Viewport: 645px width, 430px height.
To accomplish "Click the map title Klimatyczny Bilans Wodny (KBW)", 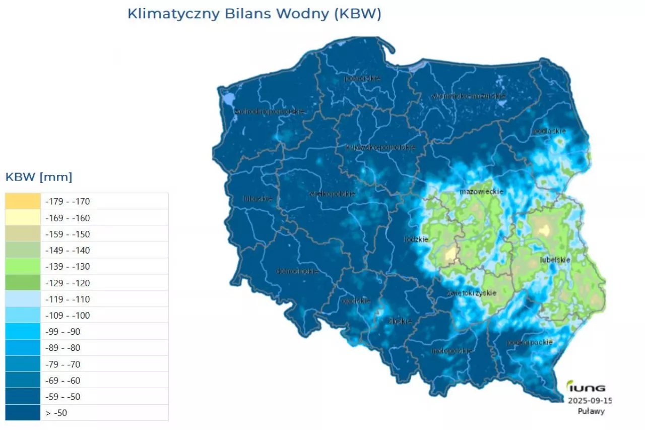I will click(x=254, y=14).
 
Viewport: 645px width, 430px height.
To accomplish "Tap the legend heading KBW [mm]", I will click(x=39, y=177).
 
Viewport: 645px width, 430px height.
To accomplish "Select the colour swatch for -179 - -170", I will click(x=23, y=201).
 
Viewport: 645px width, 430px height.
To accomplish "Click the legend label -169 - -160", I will click(x=68, y=218).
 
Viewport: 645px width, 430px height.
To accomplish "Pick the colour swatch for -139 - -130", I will click(x=23, y=266).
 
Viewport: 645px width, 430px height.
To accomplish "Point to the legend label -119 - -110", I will click(x=68, y=299).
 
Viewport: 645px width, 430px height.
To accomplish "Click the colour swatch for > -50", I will click(x=23, y=413).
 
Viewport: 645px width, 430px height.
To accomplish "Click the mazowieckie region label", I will click(x=475, y=192).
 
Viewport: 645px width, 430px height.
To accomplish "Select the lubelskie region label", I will click(x=555, y=260).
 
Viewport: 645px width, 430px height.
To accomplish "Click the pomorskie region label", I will click(x=362, y=78).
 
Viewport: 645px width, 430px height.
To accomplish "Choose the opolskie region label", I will click(x=356, y=301).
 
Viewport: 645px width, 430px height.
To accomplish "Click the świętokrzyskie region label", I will click(x=472, y=293).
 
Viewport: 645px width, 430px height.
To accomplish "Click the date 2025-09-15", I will click(x=590, y=401).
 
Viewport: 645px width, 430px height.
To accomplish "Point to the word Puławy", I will click(x=591, y=411).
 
